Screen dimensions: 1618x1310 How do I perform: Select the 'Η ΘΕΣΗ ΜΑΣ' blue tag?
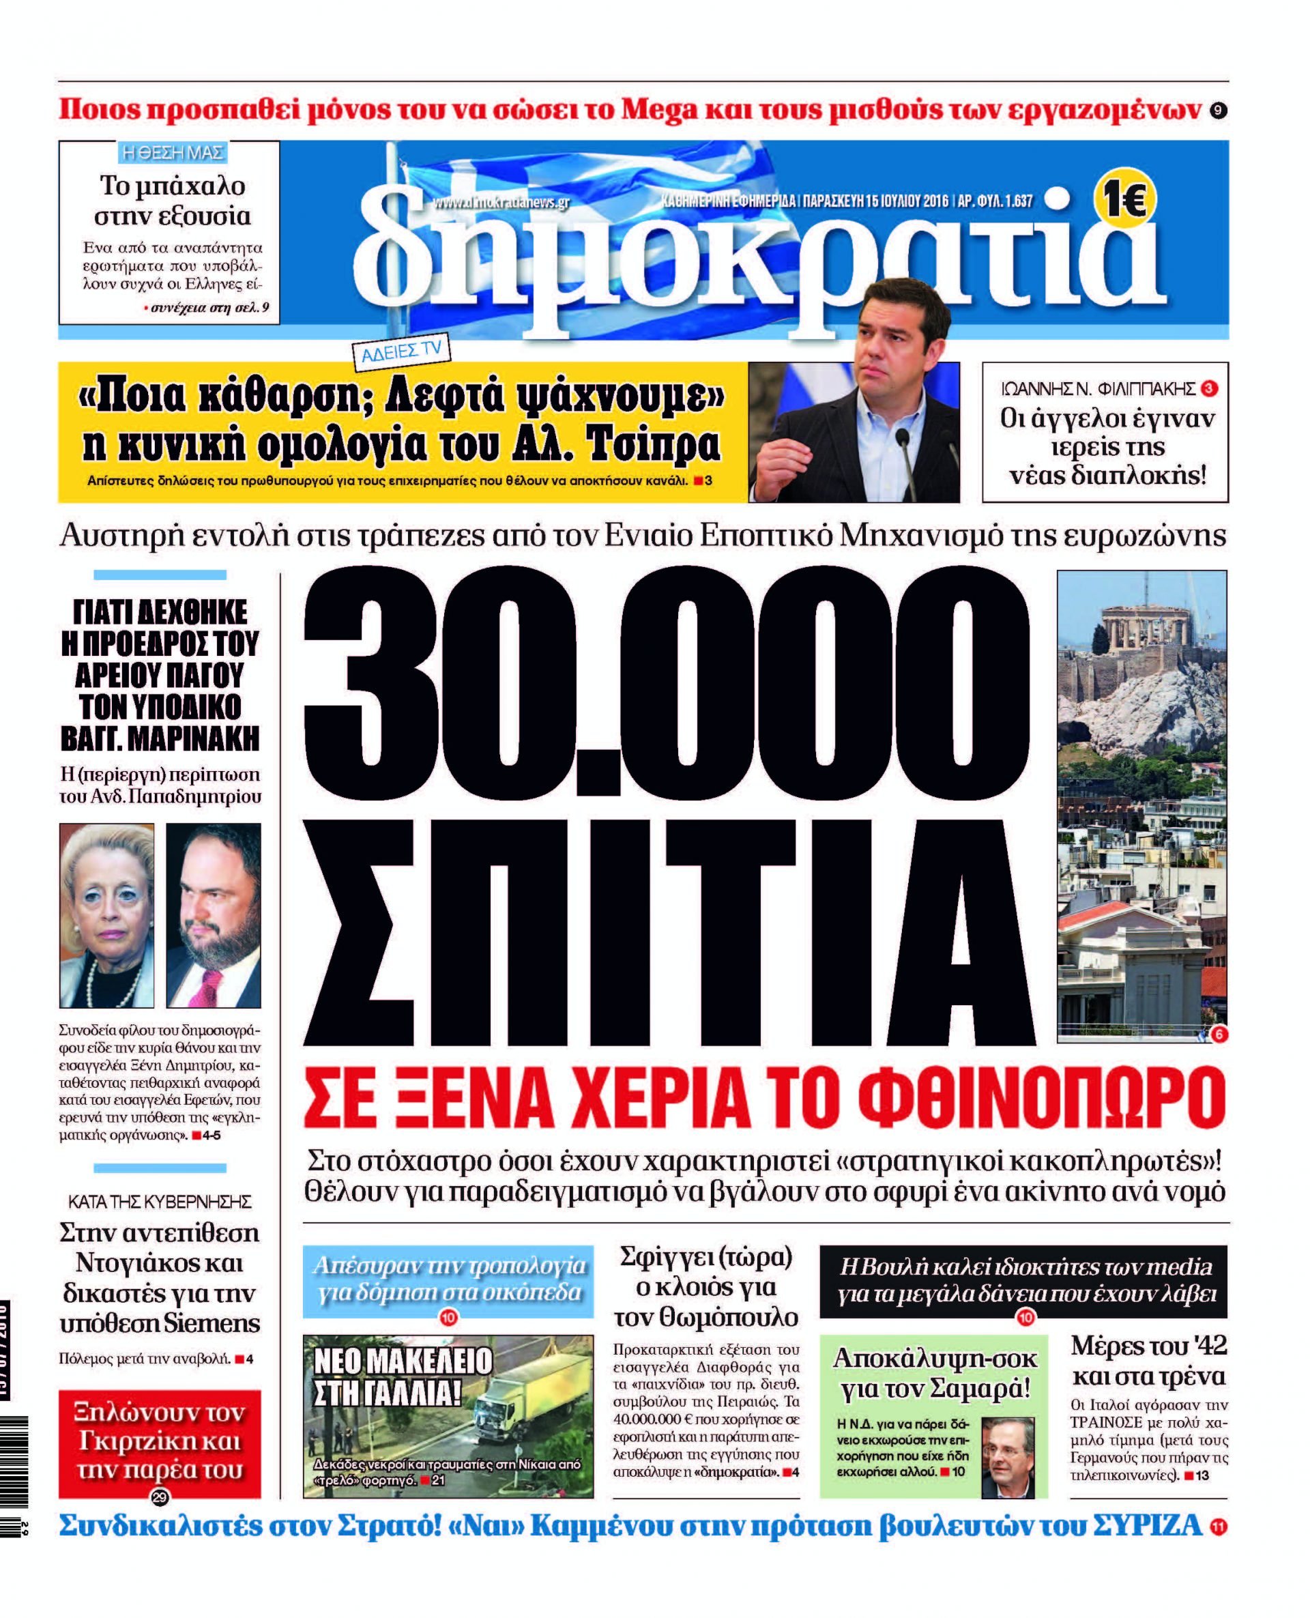point(173,152)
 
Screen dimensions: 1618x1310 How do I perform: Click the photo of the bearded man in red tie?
point(214,914)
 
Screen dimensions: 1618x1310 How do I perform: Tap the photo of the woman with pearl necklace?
point(107,914)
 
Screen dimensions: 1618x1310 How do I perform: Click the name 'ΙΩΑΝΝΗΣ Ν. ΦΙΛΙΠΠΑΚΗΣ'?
point(1098,390)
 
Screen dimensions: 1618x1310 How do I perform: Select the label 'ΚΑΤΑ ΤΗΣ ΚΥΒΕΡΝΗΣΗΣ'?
point(160,1202)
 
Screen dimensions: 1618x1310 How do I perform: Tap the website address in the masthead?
point(501,202)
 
